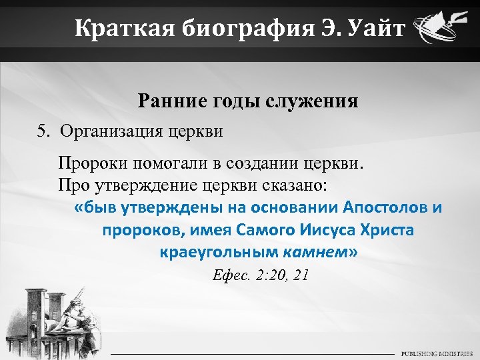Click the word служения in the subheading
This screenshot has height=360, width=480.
click(312, 101)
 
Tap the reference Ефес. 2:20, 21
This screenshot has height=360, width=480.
click(259, 276)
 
